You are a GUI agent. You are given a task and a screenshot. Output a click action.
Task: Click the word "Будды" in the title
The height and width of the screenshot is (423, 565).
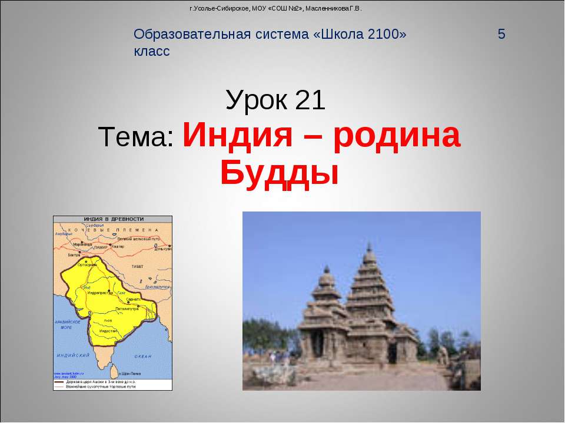coord(280,172)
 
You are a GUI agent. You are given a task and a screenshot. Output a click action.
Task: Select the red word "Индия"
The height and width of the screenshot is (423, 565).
coord(238,136)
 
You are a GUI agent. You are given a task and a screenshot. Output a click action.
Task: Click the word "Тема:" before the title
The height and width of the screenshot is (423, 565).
coord(136,138)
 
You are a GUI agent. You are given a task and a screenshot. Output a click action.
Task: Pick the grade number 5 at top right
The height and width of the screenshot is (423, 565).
coord(501,34)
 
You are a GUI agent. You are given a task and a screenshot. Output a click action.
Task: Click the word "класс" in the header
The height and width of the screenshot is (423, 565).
coord(152,52)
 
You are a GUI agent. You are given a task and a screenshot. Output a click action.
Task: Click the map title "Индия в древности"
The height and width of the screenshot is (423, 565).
coord(113,219)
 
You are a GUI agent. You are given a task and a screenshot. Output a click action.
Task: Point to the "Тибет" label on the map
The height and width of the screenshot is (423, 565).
coord(137,266)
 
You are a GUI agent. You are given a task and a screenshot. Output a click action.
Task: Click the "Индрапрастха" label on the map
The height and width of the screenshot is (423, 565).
coord(99,292)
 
